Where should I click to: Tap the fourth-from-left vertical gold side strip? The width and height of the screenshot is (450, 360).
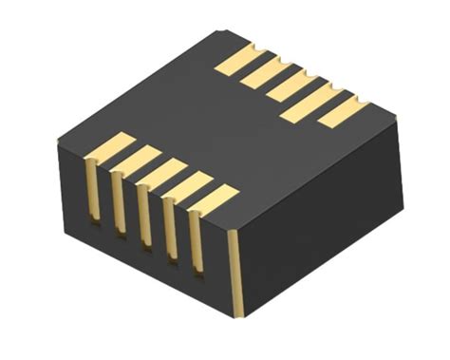(171, 232)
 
